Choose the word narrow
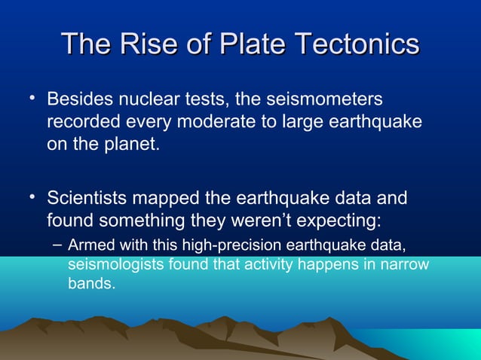406,265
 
